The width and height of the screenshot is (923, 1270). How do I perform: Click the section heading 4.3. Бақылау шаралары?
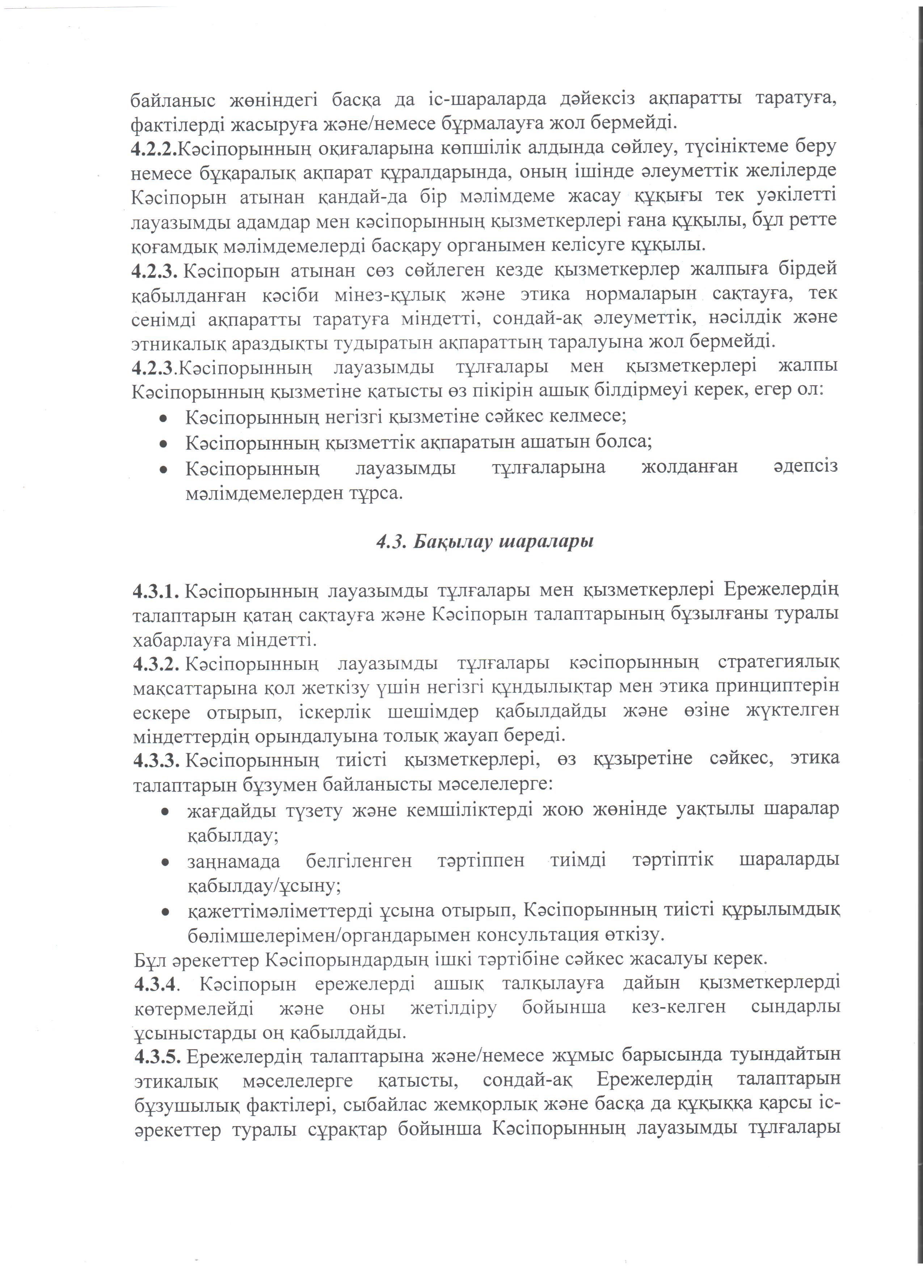(x=484, y=542)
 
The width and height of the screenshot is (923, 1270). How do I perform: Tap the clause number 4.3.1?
(x=156, y=590)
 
